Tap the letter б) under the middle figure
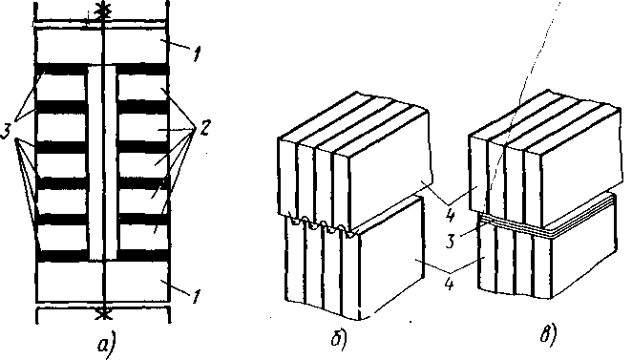(x=339, y=338)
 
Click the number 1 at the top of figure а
(x=197, y=53)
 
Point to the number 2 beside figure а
(x=204, y=128)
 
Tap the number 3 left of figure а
(x=7, y=131)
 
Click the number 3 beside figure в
(x=451, y=241)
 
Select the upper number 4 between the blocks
(x=451, y=213)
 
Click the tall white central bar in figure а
(x=102, y=162)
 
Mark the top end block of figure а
(x=101, y=46)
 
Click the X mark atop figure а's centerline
(x=104, y=8)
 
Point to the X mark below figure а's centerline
(x=104, y=312)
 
